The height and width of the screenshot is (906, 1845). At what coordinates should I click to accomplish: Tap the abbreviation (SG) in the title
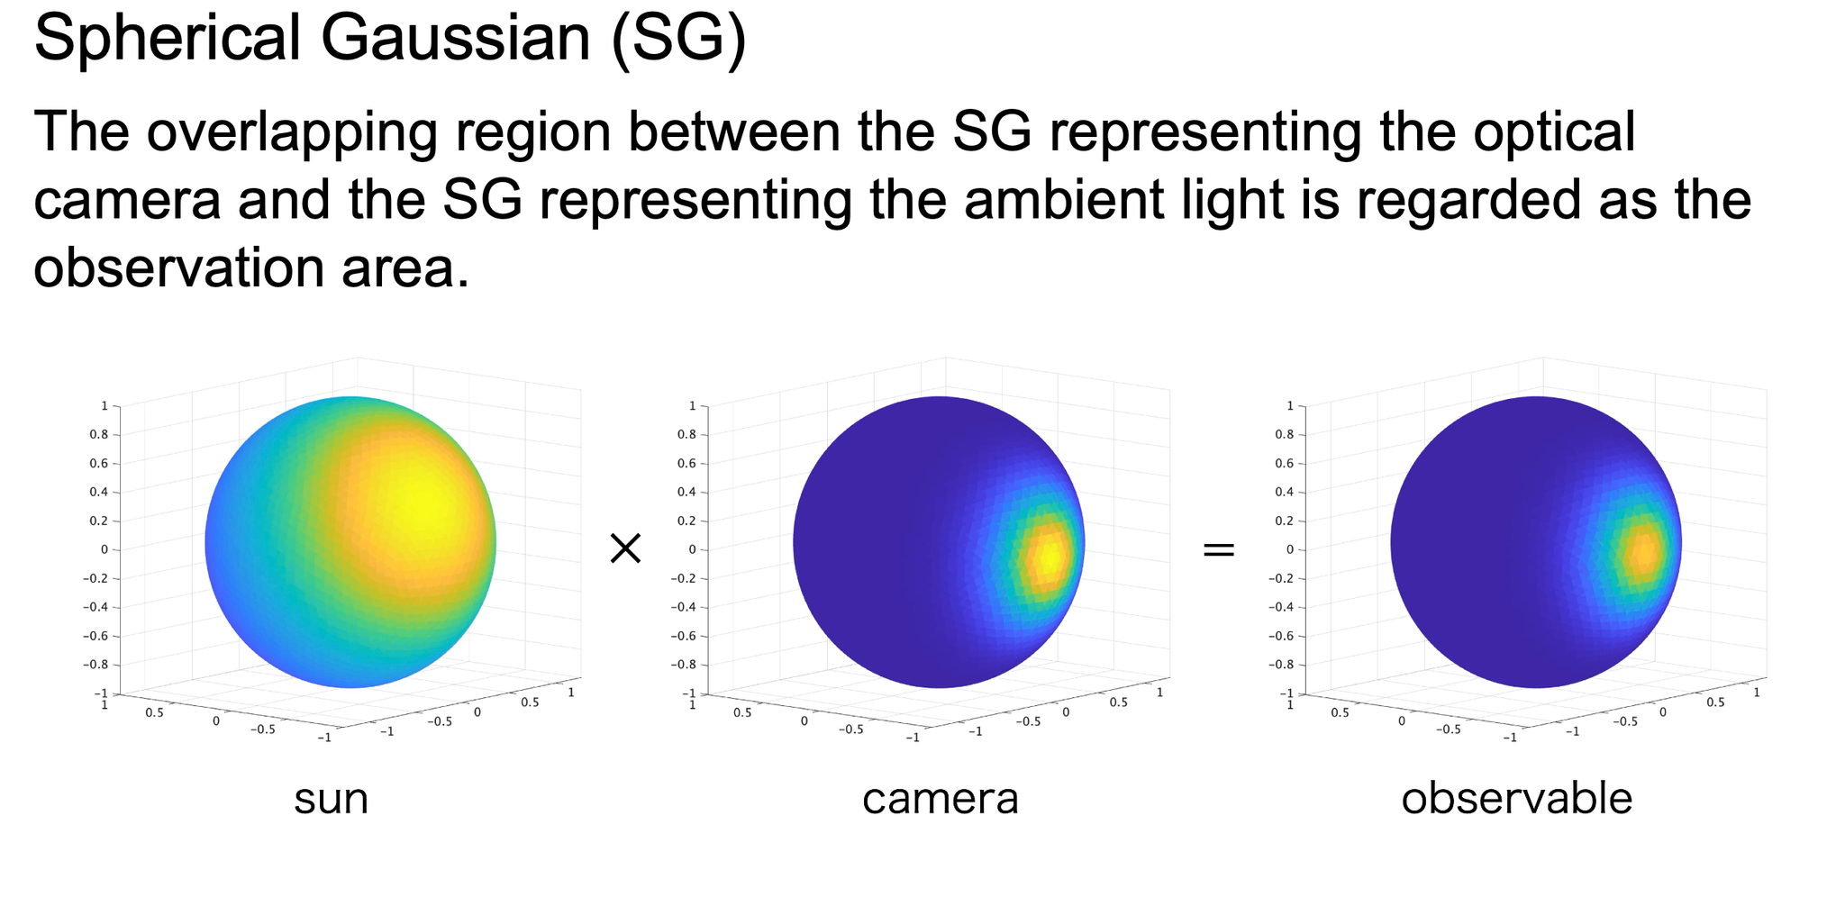(677, 38)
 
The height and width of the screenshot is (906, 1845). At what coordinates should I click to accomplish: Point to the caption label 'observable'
(1517, 799)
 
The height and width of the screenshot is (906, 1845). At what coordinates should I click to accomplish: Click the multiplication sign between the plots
(625, 548)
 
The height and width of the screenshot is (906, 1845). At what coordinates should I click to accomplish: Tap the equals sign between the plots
(1219, 548)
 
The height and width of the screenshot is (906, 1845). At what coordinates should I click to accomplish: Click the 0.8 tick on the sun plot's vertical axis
(99, 435)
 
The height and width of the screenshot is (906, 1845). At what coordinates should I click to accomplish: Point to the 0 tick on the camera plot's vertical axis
(692, 549)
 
